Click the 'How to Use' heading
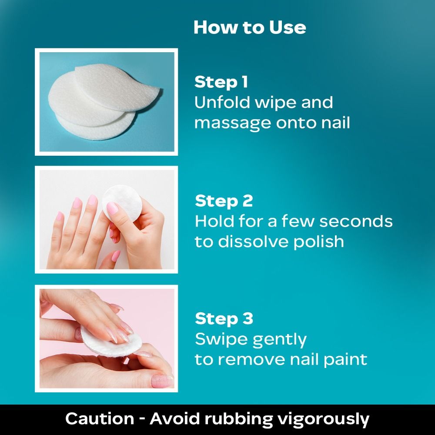tap(250, 27)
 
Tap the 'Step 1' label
tap(221, 82)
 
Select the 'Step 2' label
tap(224, 201)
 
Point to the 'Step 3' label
tap(224, 318)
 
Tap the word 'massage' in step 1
tap(232, 123)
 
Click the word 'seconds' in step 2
tap(356, 221)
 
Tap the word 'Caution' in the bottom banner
tap(100, 419)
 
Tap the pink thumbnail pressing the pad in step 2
tap(112, 208)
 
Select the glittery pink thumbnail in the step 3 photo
tap(162, 381)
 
